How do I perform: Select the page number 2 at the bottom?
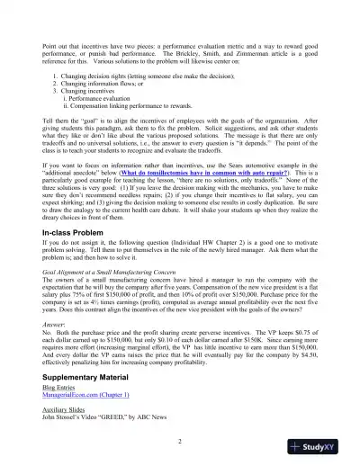point(180,441)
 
